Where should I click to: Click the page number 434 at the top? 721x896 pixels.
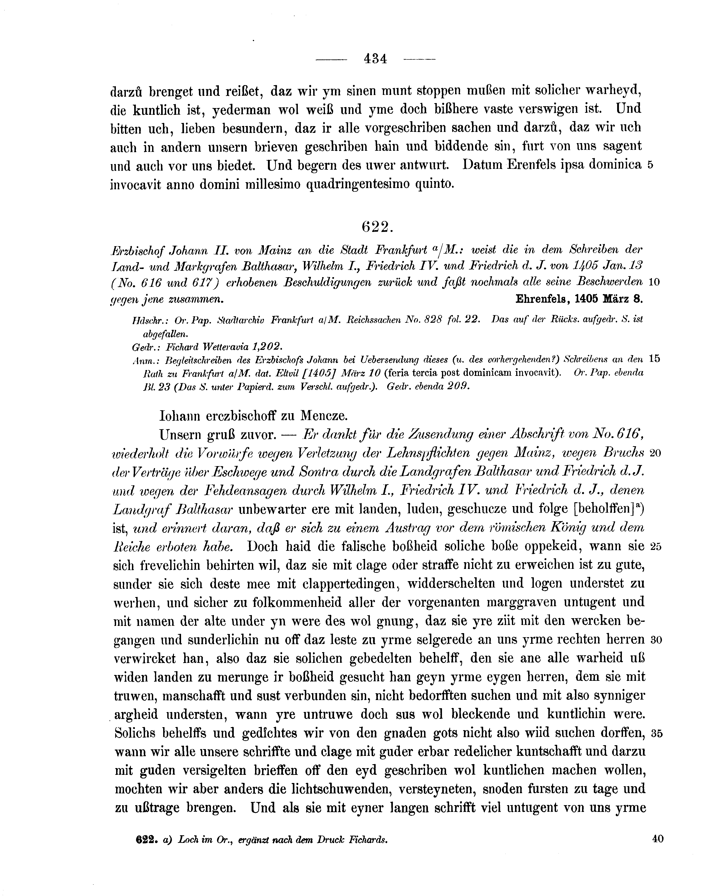[x=375, y=59]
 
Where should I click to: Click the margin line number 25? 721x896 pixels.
[x=656, y=547]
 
